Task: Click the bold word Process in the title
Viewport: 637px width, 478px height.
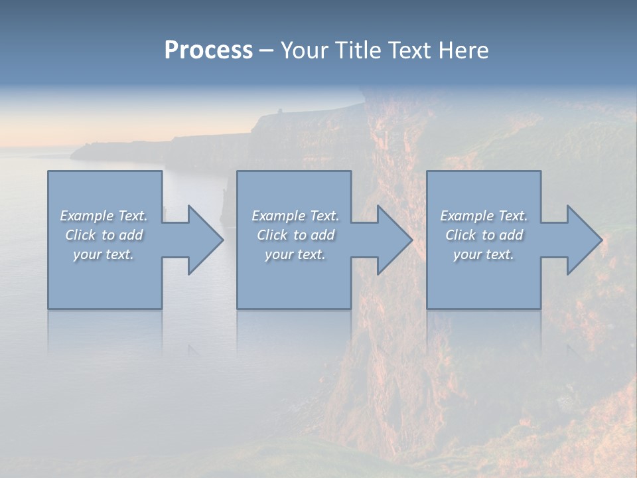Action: coord(208,50)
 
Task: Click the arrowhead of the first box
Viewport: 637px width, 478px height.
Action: coord(203,240)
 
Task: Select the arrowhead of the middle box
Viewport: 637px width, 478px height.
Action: coord(392,240)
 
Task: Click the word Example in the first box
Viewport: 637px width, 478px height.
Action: coord(86,216)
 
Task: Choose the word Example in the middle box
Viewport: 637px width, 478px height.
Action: coord(278,216)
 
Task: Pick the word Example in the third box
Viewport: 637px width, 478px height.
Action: coord(466,216)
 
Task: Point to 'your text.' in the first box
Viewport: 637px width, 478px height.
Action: coord(104,254)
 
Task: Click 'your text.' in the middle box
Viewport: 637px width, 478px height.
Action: coord(295,254)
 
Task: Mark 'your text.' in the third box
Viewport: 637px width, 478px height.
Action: coord(484,254)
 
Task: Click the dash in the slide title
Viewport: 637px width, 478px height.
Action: coord(267,51)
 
